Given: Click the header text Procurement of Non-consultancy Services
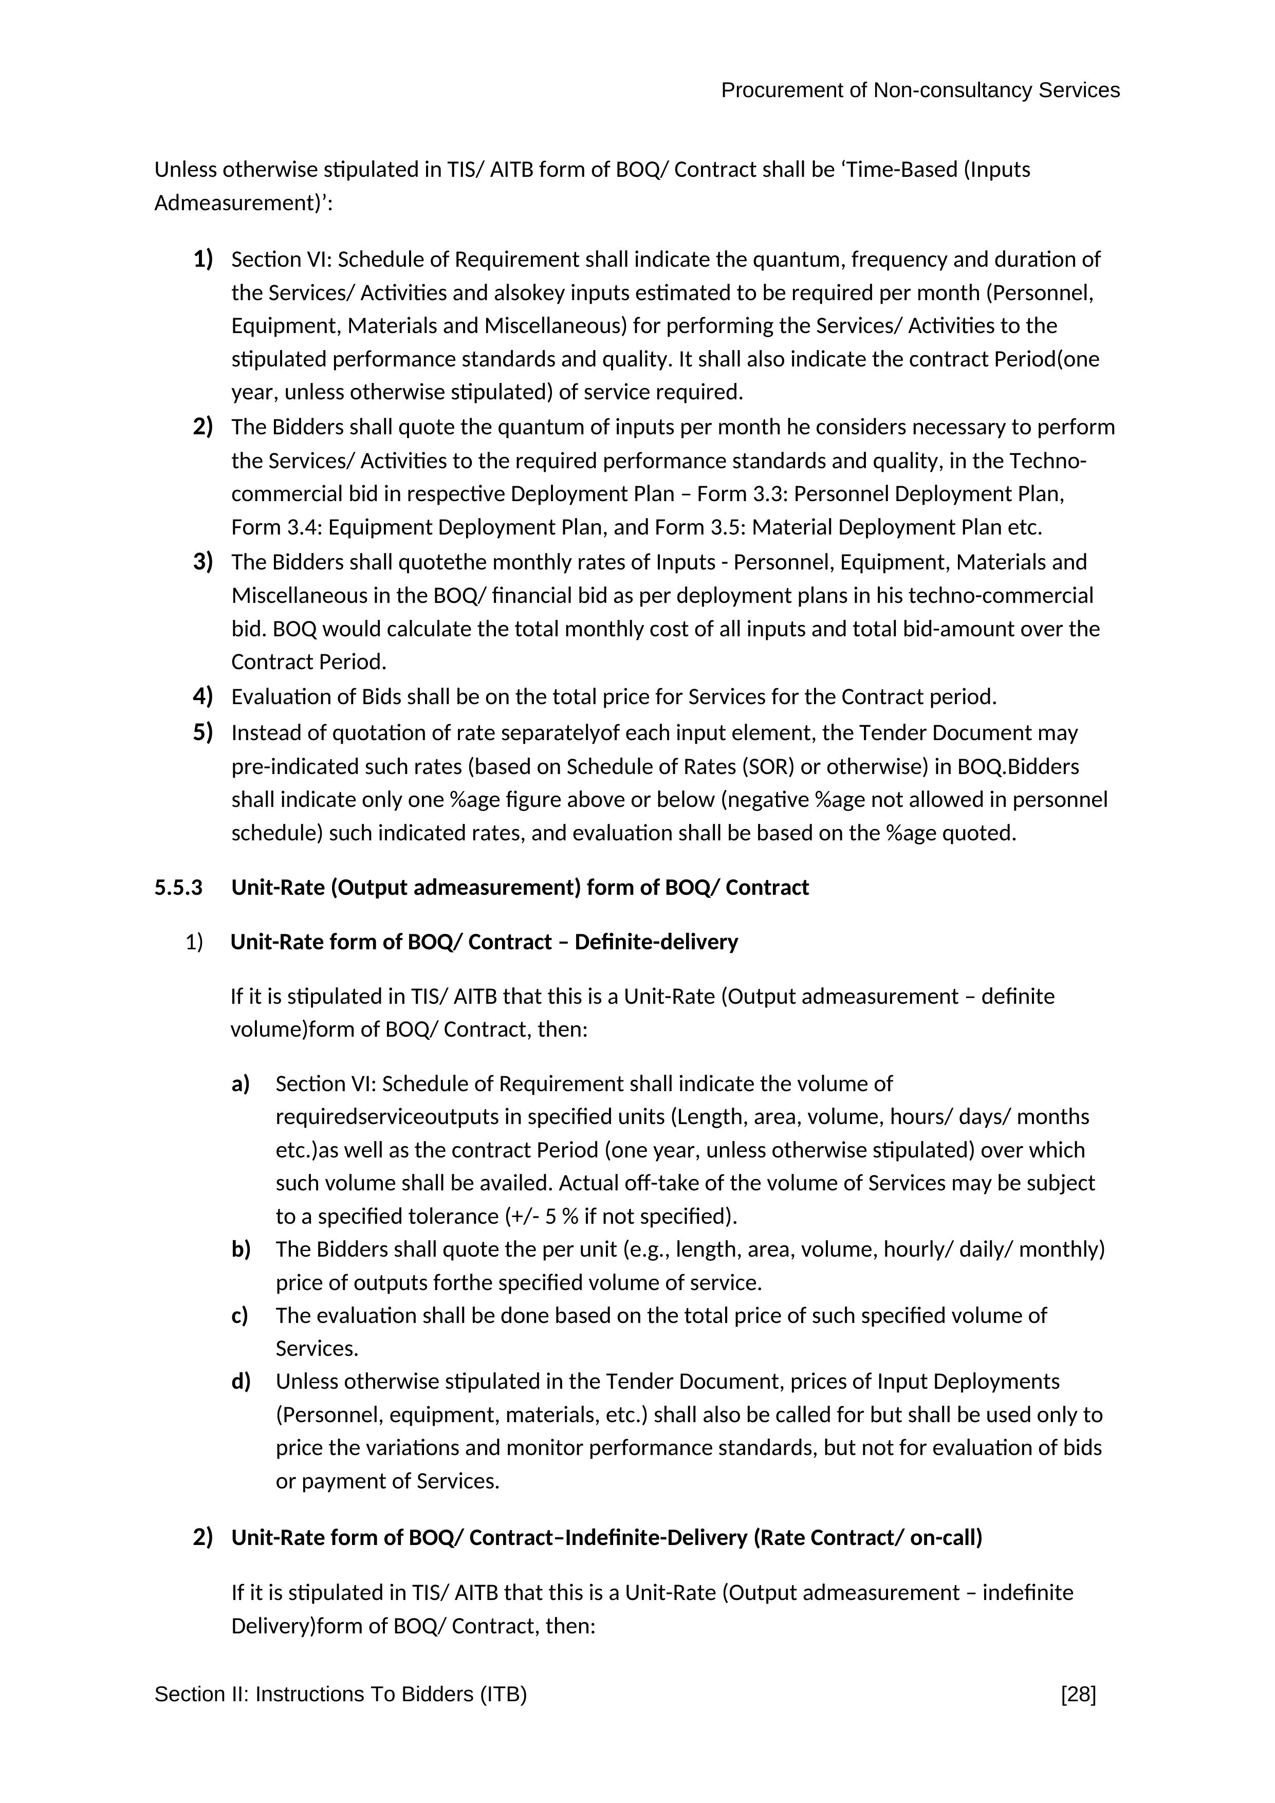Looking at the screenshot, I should click(920, 91).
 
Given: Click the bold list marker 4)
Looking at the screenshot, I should click(202, 696).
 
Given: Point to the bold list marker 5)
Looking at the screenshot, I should click(202, 732).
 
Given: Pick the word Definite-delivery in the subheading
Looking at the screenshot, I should click(656, 942).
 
